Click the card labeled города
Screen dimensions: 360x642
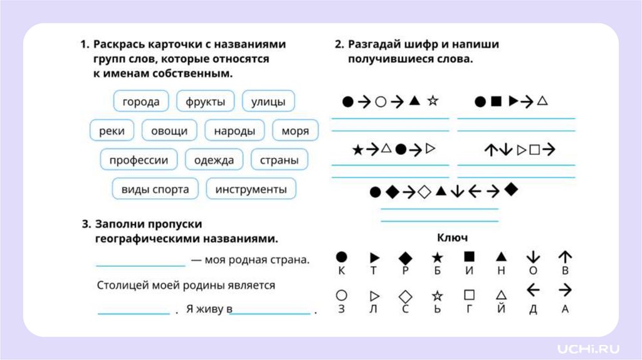click(x=141, y=102)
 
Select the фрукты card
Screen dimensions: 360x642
click(x=205, y=102)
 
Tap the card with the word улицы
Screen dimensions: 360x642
click(x=268, y=102)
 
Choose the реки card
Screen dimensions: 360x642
click(x=112, y=130)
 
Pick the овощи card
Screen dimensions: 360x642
click(x=169, y=130)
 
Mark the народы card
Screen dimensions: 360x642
click(x=234, y=130)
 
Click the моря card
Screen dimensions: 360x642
click(x=295, y=130)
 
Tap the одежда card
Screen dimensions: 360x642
click(x=214, y=160)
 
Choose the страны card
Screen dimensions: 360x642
click(x=279, y=160)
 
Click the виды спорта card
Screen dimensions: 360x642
click(x=155, y=189)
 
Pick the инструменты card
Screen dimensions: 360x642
click(x=251, y=189)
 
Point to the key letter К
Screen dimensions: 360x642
click(x=342, y=271)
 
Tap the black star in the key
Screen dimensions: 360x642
click(x=437, y=257)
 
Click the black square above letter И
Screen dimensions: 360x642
click(x=469, y=257)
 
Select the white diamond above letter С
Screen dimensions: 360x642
click(x=406, y=295)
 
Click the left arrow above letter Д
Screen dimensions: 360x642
click(x=533, y=290)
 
